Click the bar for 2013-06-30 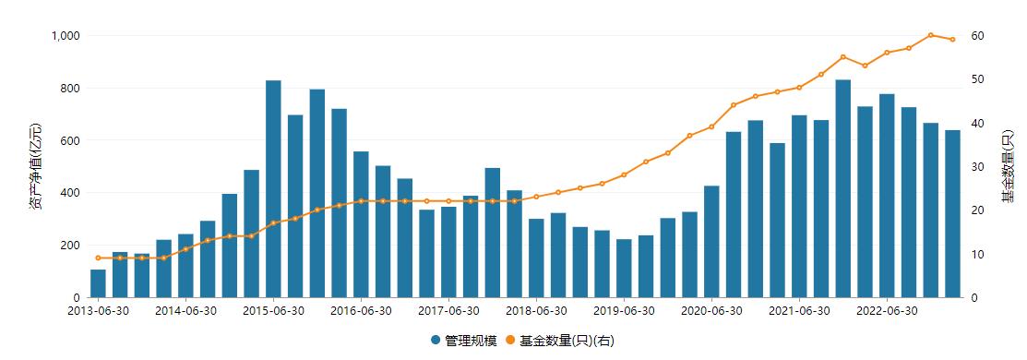(x=98, y=283)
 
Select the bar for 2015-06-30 (x=273, y=189)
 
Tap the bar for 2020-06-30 (x=711, y=242)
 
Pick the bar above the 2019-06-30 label (x=624, y=269)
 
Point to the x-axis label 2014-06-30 (x=185, y=311)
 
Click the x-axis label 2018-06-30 (x=536, y=311)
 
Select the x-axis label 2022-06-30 (x=886, y=311)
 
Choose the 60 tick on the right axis (x=977, y=36)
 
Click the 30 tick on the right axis (x=977, y=167)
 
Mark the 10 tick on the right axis (x=977, y=255)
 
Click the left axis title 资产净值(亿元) (x=35, y=166)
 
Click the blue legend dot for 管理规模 (x=436, y=341)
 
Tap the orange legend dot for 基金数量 (x=509, y=341)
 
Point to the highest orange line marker (x=930, y=35)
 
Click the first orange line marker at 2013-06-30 (x=98, y=258)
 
